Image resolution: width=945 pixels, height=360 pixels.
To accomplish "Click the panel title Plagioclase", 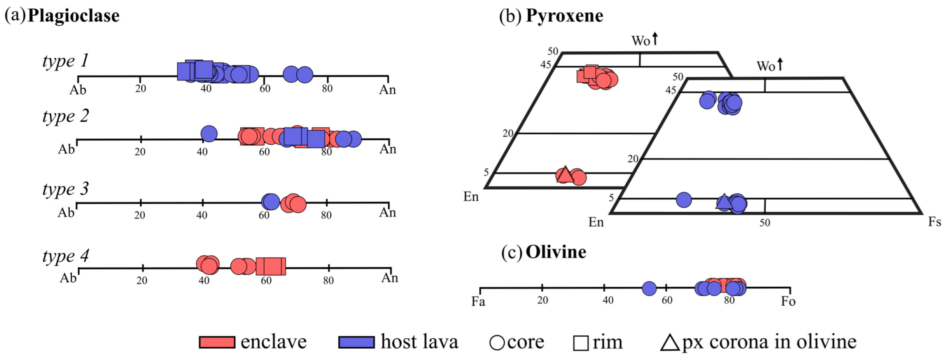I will click(x=73, y=16).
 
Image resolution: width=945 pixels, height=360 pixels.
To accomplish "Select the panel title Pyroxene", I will click(x=564, y=16).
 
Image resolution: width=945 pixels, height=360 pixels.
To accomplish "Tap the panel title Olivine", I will click(x=556, y=252).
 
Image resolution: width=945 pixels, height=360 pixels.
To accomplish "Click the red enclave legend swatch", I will click(x=217, y=342).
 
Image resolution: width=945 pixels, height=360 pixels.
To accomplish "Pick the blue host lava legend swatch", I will click(x=356, y=342).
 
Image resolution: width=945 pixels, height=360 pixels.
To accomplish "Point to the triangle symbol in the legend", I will click(x=670, y=343).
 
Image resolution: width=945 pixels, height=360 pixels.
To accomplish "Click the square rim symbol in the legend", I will click(x=581, y=343).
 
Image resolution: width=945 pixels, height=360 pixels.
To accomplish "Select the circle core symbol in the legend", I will click(x=497, y=343).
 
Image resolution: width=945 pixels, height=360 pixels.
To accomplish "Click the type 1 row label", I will click(x=65, y=61).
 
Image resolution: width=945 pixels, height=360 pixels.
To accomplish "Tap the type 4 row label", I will click(x=65, y=257).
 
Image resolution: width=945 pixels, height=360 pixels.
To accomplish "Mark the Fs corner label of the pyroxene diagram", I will click(x=934, y=222).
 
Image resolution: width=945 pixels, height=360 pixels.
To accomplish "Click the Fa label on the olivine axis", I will click(x=478, y=302).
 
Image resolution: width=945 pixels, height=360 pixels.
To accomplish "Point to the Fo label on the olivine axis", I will click(x=788, y=302).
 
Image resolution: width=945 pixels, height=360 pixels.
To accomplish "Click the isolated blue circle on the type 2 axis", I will click(x=209, y=134).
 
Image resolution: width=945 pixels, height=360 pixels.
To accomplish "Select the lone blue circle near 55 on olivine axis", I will click(x=649, y=288).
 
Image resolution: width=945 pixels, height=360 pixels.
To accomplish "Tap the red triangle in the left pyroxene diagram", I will click(x=565, y=175).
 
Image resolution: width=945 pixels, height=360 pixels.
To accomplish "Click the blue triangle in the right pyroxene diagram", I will click(x=723, y=201).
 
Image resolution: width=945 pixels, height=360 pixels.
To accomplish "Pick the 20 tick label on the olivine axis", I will click(x=542, y=300).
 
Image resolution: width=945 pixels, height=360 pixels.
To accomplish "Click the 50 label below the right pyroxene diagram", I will click(x=765, y=223).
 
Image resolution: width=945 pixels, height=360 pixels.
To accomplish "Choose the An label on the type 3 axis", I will click(x=387, y=213).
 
